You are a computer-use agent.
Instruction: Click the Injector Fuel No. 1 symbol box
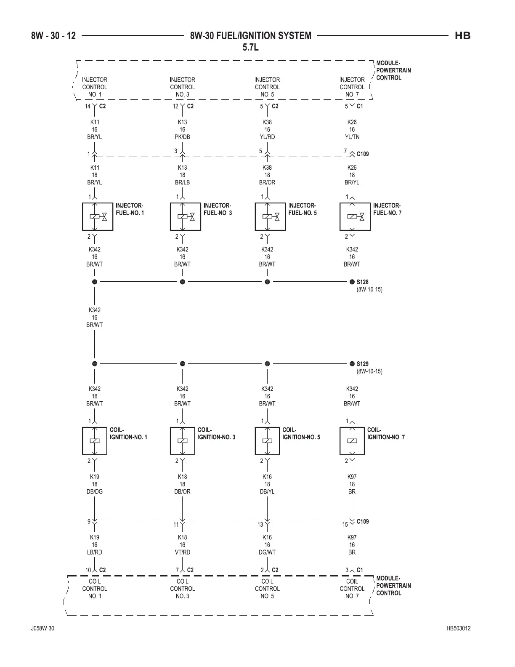click(x=98, y=216)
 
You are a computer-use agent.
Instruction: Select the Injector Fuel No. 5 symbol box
click(x=271, y=216)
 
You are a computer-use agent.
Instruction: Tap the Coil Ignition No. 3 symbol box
click(x=183, y=441)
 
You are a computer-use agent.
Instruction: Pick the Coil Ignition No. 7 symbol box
click(x=352, y=441)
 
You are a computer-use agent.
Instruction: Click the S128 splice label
click(x=362, y=282)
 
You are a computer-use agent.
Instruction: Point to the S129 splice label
click(x=362, y=364)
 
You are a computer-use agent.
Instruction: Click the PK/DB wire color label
click(x=183, y=137)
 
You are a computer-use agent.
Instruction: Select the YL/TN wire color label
click(x=352, y=137)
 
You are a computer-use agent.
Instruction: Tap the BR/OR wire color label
click(x=267, y=182)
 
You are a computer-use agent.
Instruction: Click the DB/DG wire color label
click(x=95, y=491)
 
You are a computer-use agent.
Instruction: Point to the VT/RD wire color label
click(x=183, y=552)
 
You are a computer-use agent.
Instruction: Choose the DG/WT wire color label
click(x=267, y=552)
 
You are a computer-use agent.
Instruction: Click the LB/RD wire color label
click(x=95, y=552)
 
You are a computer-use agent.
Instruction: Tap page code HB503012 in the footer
click(x=459, y=629)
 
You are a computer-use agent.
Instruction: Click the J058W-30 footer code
click(x=43, y=629)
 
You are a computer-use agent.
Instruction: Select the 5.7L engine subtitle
click(x=251, y=47)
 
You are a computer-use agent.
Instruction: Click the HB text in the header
click(x=462, y=36)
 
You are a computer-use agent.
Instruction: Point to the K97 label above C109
click(x=352, y=477)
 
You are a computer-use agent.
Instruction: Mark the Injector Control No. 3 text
click(x=183, y=87)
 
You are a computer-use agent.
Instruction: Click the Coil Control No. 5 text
click(x=267, y=589)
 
